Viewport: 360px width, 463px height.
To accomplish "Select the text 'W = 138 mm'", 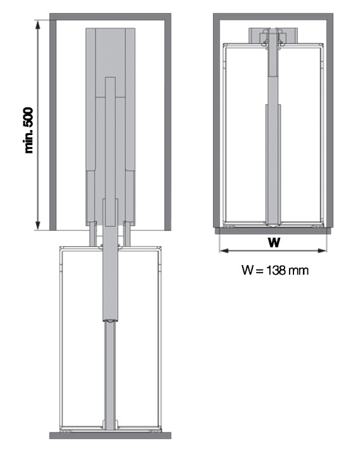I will pos(274,270).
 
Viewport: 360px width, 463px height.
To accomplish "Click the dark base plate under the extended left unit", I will pos(110,435).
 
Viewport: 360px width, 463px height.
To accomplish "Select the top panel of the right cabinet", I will pos(274,16).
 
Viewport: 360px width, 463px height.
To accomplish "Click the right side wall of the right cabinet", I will pos(330,121).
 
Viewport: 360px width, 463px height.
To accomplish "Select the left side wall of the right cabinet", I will pos(217,121).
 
